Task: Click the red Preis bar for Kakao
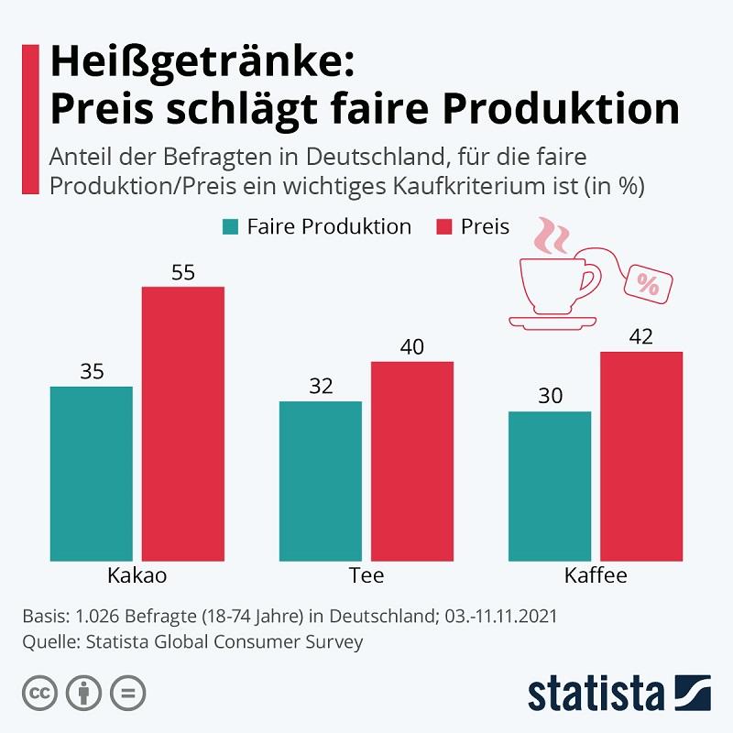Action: point(182,423)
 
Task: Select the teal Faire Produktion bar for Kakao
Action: point(92,473)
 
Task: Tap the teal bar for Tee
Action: point(321,480)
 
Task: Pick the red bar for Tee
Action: point(411,460)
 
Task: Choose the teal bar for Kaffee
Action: point(550,486)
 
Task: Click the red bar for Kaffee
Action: point(641,455)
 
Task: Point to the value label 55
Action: point(182,272)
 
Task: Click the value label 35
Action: point(92,371)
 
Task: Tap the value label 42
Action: point(641,336)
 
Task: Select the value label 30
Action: point(550,396)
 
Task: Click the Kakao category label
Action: point(137,576)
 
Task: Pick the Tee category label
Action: point(366,576)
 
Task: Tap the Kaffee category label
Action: point(596,576)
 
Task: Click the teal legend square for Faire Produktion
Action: point(230,226)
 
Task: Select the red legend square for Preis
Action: point(449,226)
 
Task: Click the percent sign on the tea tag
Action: point(648,285)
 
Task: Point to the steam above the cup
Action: point(552,235)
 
